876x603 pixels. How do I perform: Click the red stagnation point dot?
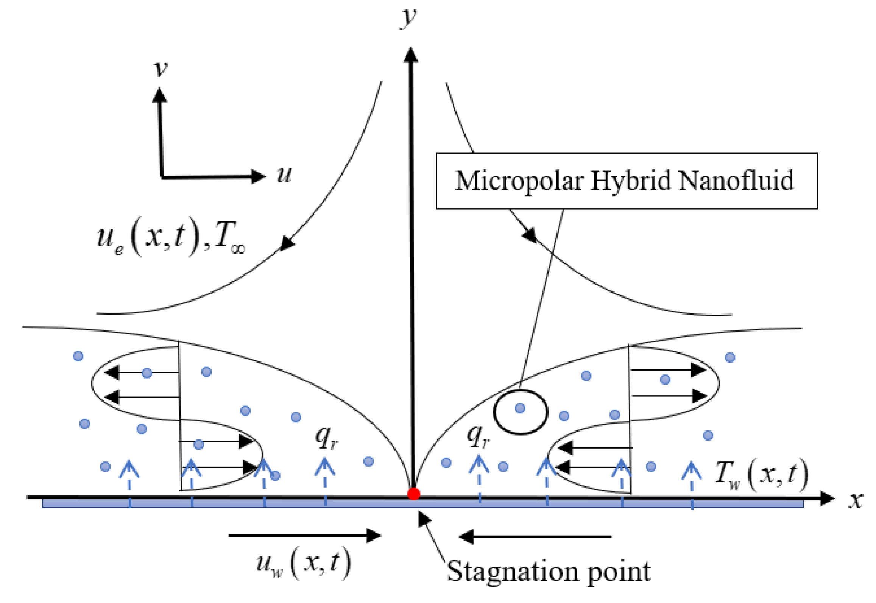413,494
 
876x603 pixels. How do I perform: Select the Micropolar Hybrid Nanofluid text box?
627,181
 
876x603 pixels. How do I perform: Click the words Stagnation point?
549,572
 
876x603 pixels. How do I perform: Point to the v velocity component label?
161,69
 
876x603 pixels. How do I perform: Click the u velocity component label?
284,175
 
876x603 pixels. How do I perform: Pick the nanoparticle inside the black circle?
520,408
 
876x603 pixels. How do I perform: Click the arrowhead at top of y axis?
410,55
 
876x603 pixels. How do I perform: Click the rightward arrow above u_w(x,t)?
305,535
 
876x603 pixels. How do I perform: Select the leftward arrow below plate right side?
535,537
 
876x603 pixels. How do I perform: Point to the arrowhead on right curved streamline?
530,235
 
